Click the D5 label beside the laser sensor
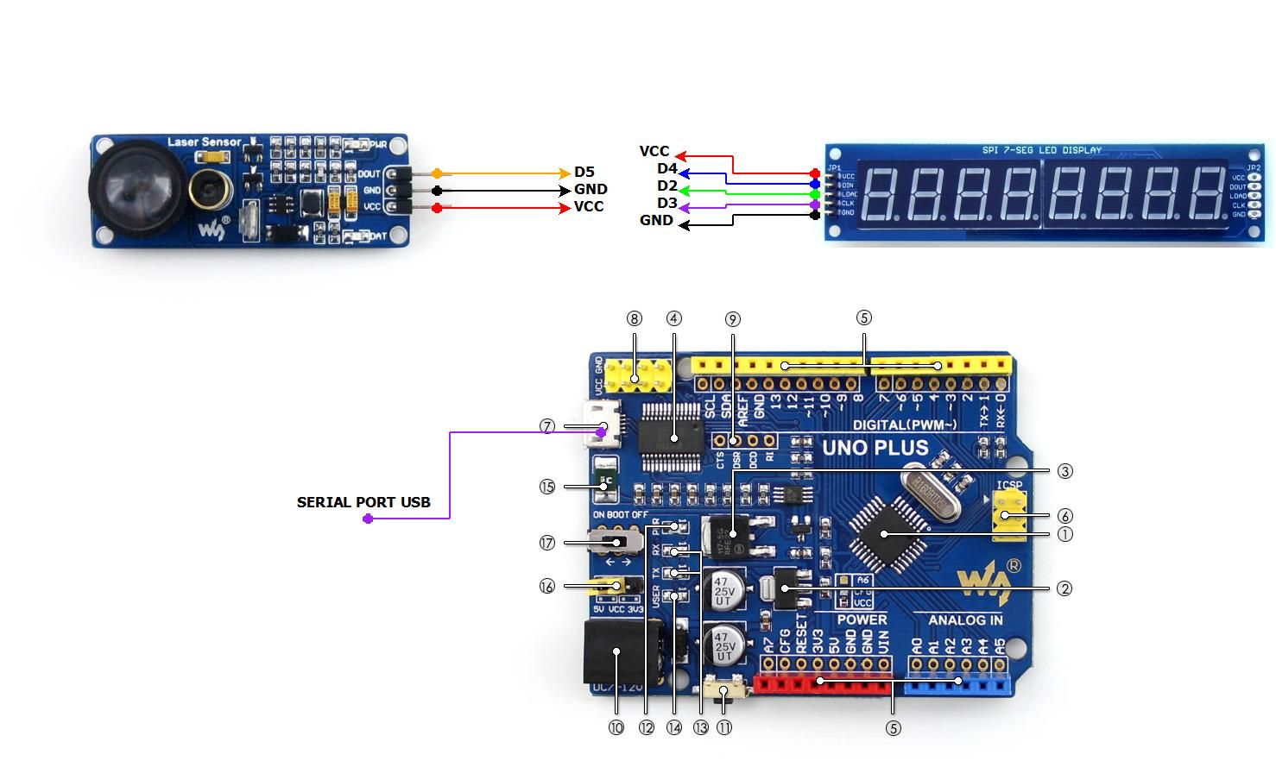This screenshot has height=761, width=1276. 584,173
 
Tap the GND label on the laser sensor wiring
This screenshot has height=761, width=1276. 591,190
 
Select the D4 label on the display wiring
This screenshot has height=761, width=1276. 666,169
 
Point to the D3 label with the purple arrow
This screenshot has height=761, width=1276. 666,204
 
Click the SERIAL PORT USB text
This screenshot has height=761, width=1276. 363,502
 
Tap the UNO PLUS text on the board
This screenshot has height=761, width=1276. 875,448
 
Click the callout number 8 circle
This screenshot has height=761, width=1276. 635,319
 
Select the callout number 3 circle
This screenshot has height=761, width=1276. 1064,471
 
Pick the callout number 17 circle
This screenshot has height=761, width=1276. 546,543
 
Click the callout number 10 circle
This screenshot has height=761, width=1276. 616,727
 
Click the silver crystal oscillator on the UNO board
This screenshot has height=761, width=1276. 932,492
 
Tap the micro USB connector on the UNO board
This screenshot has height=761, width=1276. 598,425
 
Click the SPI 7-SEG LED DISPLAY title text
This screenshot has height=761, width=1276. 1041,150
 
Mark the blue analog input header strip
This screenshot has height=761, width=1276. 958,685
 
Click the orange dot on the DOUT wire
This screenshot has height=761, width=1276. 437,173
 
